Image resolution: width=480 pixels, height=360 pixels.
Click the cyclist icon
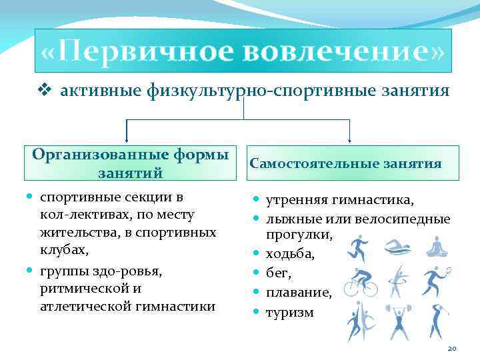[361, 283]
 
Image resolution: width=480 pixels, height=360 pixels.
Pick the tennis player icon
[435, 281]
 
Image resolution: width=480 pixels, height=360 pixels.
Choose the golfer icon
[437, 322]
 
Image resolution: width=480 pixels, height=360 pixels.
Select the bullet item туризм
[289, 311]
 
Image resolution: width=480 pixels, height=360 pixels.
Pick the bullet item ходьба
[291, 254]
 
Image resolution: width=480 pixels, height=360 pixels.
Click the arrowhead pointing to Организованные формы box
[127, 139]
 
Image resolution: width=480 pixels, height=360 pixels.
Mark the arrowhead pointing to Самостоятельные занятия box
[350, 139]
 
